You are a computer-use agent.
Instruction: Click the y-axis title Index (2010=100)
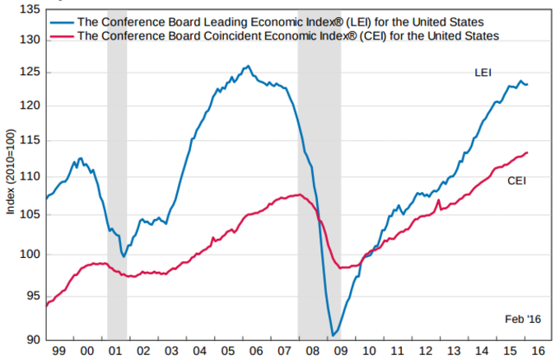click(x=11, y=173)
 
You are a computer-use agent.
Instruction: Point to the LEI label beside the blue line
click(x=483, y=73)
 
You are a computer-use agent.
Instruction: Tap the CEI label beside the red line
click(x=516, y=180)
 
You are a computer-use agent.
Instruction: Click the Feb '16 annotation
click(x=520, y=319)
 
